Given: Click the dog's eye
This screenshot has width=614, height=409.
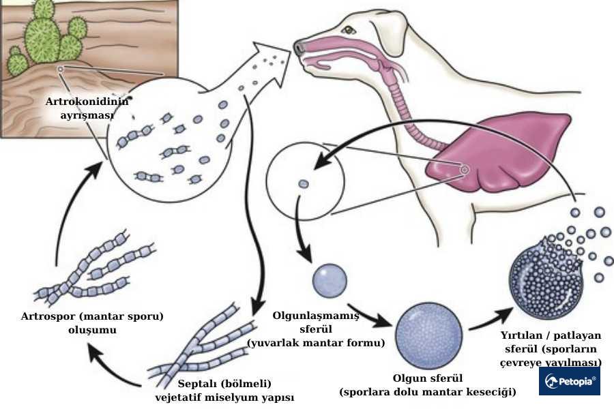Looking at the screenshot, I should click(x=350, y=30).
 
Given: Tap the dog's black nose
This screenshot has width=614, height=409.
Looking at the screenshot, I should click(x=299, y=48).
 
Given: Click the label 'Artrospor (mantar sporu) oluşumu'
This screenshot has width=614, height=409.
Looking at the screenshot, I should click(x=93, y=323).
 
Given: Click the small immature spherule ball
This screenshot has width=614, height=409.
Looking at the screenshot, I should click(x=330, y=277).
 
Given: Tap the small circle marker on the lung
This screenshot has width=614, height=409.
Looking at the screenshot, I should click(x=465, y=169).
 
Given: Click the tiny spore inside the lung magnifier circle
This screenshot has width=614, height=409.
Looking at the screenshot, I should click(x=304, y=183).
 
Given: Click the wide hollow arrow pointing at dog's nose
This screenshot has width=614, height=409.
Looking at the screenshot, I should click(x=263, y=75).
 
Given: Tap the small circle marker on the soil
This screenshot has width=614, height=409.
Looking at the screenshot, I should click(x=60, y=69).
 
